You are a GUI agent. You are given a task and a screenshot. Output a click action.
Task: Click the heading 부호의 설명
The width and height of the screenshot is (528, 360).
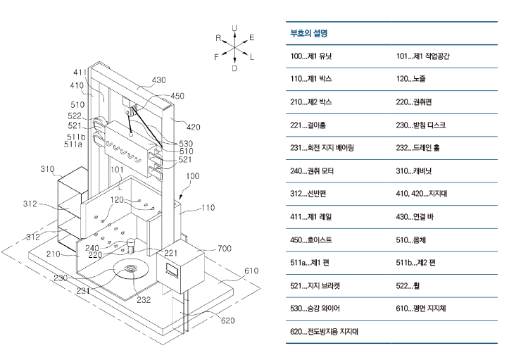point(310,33)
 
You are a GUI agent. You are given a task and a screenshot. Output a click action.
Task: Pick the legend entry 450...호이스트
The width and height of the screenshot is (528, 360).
point(311,240)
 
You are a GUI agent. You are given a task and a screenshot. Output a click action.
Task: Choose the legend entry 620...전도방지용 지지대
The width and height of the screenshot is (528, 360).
point(324,331)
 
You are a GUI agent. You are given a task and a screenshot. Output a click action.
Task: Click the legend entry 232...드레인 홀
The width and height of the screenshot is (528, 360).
point(420,148)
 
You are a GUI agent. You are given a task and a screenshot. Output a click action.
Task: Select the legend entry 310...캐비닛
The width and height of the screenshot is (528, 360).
point(415,170)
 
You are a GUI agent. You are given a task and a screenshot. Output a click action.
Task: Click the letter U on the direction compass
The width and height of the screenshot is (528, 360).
point(234,27)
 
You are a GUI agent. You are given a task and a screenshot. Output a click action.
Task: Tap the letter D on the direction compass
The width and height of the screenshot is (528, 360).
point(234,68)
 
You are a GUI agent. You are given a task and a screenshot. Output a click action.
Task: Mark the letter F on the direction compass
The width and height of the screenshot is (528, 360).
point(217,57)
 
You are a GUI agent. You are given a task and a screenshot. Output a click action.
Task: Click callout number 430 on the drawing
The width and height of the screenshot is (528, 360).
point(158,80)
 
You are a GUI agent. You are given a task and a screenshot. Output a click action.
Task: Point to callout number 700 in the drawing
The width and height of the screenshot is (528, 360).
point(224,248)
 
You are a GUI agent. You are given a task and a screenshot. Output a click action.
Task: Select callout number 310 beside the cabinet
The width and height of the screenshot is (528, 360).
point(47,169)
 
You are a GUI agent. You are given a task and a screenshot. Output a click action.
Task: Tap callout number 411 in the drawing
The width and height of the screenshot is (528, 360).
point(80,72)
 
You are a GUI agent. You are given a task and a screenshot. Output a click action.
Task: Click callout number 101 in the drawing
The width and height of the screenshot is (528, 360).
point(117,170)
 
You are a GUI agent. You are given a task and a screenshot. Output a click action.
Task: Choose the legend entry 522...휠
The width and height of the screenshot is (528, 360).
point(413,285)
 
